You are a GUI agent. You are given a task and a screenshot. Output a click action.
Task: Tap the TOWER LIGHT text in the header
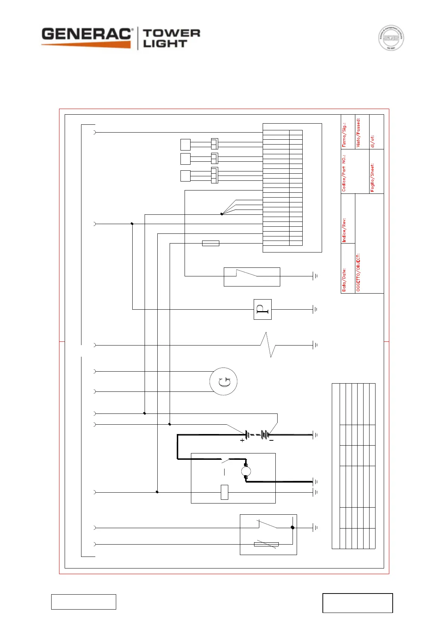(x=171, y=38)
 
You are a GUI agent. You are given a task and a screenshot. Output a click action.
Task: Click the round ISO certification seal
(x=391, y=38)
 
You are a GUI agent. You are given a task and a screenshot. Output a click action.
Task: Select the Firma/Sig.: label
(x=344, y=135)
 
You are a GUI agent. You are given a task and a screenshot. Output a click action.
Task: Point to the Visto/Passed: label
(x=358, y=133)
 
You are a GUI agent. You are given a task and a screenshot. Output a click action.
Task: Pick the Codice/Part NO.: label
(x=344, y=173)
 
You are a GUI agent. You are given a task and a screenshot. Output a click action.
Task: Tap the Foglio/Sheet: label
(x=373, y=178)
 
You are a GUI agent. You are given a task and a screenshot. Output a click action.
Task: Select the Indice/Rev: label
(x=344, y=230)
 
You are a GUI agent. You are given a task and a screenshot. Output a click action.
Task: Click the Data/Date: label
(x=344, y=280)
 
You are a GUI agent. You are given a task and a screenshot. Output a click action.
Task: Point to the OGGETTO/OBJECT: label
(x=358, y=273)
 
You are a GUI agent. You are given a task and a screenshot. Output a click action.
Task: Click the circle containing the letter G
(x=223, y=381)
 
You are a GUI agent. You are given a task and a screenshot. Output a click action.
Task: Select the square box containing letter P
(x=262, y=309)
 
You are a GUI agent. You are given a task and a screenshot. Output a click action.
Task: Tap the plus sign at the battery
(x=242, y=441)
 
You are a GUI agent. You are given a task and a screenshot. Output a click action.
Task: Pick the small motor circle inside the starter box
(x=245, y=471)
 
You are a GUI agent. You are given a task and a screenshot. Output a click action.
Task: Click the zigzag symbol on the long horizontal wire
(x=268, y=345)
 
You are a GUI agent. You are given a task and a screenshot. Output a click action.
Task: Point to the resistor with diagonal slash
(x=266, y=544)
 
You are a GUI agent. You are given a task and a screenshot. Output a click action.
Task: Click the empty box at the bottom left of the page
(x=83, y=602)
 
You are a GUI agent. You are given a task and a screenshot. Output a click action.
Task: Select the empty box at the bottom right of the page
(x=358, y=603)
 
